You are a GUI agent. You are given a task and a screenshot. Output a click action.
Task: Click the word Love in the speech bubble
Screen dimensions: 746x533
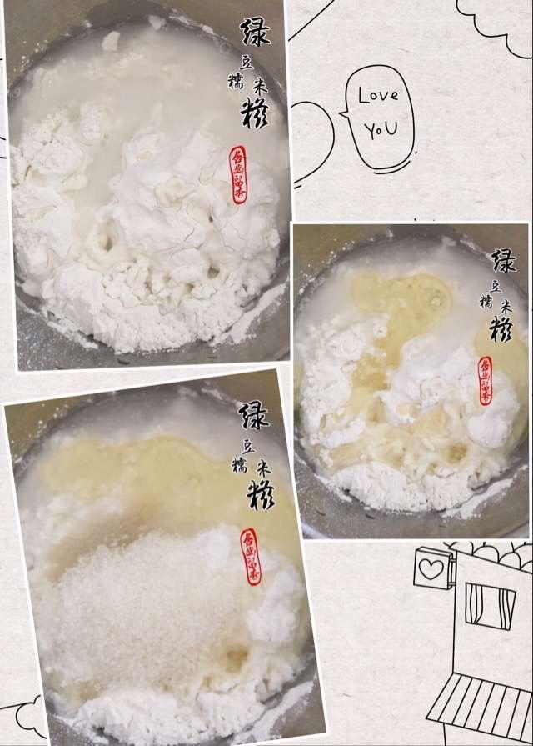pos(378,94)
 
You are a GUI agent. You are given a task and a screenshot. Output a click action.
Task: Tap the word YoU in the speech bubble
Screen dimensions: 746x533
pos(380,129)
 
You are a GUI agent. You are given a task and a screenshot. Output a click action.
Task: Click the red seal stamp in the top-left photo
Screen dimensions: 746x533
pos(239,175)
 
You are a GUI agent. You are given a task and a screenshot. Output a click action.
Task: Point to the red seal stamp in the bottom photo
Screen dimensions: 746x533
pos(250,556)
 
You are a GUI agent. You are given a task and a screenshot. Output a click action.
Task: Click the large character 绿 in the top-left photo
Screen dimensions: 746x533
pos(256,32)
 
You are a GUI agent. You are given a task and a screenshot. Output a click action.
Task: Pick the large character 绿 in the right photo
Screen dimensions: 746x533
pos(503,262)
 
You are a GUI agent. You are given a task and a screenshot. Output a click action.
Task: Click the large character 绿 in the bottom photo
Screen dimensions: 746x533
pos(254,414)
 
